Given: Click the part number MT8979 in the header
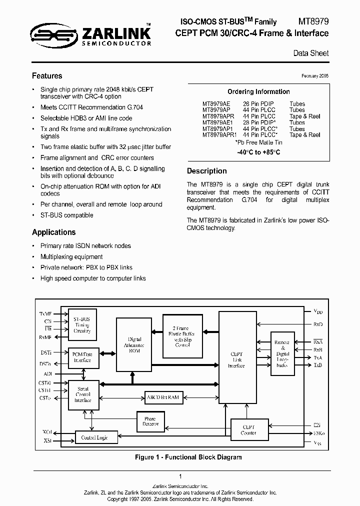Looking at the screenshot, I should pos(313,21).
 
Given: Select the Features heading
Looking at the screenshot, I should pos(47,76).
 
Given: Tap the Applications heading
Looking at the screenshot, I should pos(53,232).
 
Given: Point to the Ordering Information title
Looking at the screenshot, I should pos(258,91).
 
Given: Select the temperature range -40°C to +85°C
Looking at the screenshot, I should pos(258,152).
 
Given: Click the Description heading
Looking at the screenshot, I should pos(206,171).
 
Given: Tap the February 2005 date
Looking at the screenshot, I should pos(315,75).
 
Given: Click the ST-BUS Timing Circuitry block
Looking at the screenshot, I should pos(82,324).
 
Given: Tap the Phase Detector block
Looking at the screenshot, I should pos(150,421).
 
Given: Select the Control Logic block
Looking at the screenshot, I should pos(94,437).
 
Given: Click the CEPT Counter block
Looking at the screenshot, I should pos(249,429).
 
